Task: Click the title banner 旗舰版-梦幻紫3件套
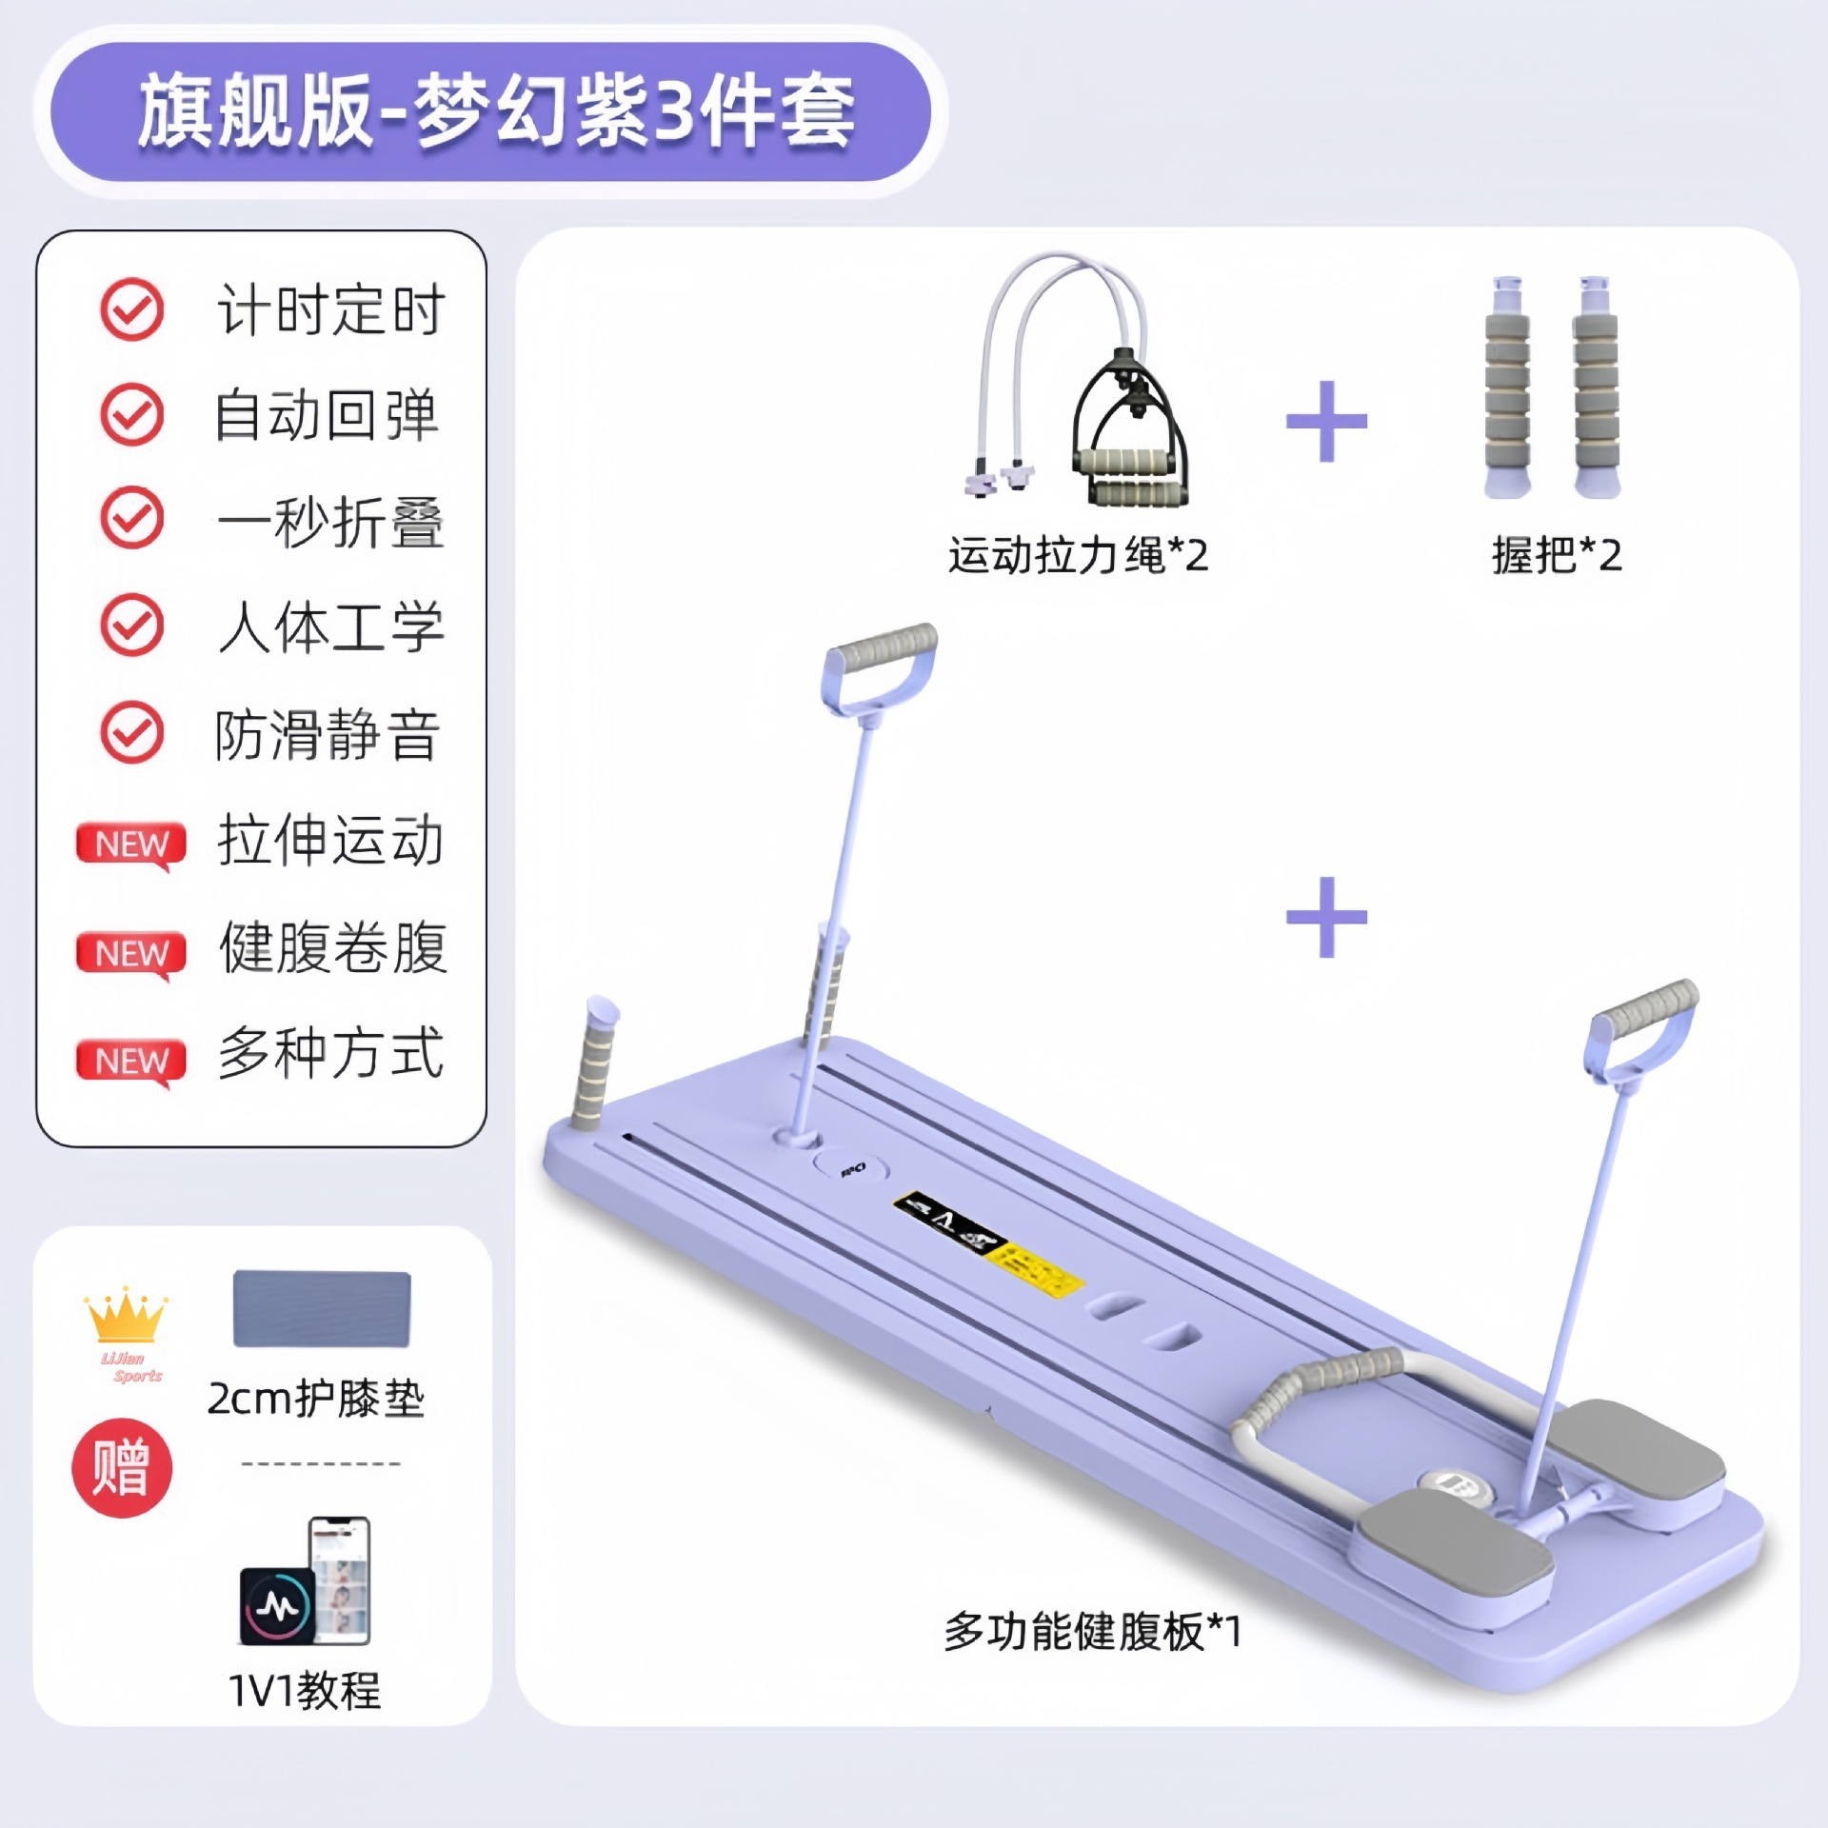click(491, 112)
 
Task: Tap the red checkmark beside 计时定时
click(132, 309)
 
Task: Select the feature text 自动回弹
click(327, 415)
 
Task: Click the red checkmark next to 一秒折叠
click(132, 518)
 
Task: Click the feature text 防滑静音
click(327, 734)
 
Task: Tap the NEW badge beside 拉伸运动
click(131, 844)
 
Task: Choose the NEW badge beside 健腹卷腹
click(131, 952)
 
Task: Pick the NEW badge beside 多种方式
click(131, 1060)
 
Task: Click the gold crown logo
click(126, 1319)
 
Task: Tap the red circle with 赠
click(122, 1467)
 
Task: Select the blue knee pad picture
click(322, 1308)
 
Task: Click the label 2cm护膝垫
click(316, 1399)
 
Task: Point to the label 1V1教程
click(305, 1691)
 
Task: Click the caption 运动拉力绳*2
click(1078, 555)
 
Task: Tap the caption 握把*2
click(1557, 555)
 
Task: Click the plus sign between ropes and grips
click(1326, 421)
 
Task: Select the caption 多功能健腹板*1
click(1093, 1631)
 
